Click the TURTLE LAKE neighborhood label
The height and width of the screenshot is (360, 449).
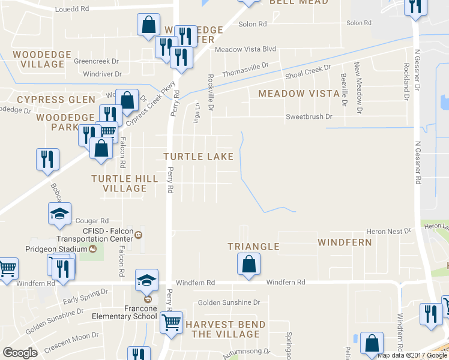[199, 157]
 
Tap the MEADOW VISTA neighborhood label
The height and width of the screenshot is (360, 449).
[299, 94]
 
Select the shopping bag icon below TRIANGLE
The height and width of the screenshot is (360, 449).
[248, 264]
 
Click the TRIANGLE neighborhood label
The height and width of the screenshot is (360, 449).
[253, 247]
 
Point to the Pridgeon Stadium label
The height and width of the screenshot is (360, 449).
[59, 248]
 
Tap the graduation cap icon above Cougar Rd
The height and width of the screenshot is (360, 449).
[59, 214]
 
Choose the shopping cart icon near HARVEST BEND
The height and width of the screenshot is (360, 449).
[171, 322]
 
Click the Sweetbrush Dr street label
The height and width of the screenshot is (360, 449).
[309, 116]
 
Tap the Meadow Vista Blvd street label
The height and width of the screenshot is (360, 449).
[245, 49]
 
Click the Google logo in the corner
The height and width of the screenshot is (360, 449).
[20, 353]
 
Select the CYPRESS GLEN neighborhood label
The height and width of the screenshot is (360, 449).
[56, 100]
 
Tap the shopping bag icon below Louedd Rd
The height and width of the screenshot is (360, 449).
[148, 26]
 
